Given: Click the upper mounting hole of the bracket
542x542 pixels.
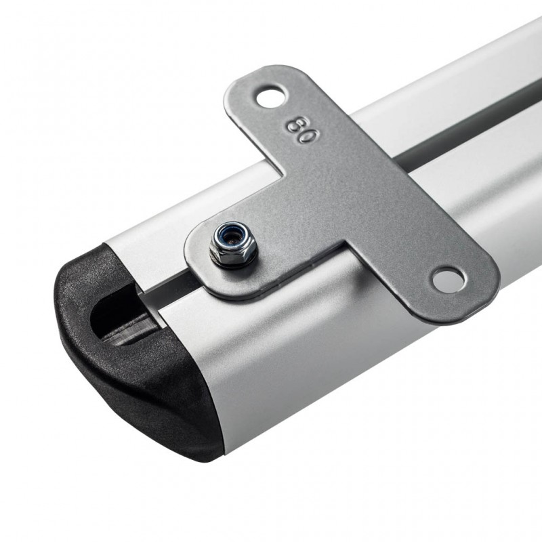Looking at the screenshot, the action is pos(272,97).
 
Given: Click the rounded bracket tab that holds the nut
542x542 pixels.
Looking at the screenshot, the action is pos(222,259).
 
